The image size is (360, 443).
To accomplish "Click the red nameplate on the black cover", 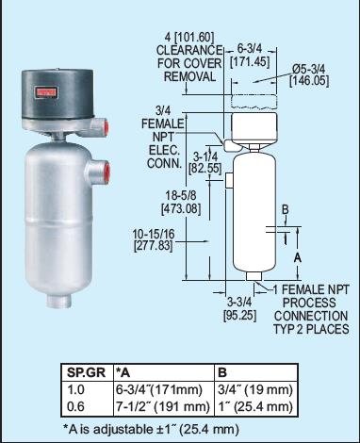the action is pyautogui.click(x=47, y=92).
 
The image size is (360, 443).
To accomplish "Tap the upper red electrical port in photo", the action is pyautogui.click(x=106, y=126).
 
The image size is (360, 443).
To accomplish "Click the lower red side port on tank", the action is pyautogui.click(x=107, y=172).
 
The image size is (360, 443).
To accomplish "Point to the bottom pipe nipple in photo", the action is pyautogui.click(x=59, y=301).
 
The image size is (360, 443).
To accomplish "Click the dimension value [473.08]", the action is pyautogui.click(x=181, y=209).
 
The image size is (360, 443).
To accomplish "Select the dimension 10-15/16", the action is pyautogui.click(x=154, y=234).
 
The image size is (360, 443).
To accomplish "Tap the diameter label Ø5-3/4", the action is pyautogui.click(x=308, y=68).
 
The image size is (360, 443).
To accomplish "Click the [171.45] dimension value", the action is pyautogui.click(x=250, y=61).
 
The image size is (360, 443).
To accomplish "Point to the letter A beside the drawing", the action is pyautogui.click(x=298, y=258).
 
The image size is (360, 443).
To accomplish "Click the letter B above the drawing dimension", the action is pyautogui.click(x=285, y=209).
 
